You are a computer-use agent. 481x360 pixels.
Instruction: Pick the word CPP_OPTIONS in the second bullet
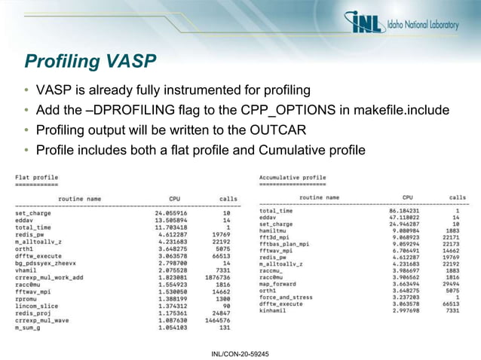(x=254, y=110)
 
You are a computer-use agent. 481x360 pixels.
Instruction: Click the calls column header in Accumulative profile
(x=457, y=197)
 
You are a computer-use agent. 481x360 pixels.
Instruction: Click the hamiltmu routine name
(x=274, y=230)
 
